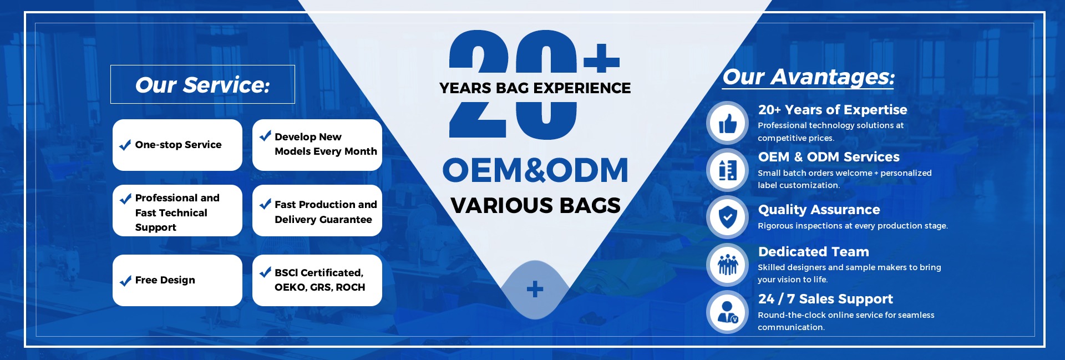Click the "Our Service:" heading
point(202,85)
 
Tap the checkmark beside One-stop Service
point(125,145)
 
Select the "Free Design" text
point(165,280)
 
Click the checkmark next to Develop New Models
point(265,136)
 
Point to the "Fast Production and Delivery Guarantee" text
point(326,212)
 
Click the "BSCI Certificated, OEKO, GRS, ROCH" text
point(319,280)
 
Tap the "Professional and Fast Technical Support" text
point(177,212)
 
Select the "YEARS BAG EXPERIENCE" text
point(535,88)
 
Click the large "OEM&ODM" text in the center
point(535,170)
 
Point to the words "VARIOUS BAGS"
point(535,205)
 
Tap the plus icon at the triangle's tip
point(535,289)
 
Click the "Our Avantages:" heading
point(809,77)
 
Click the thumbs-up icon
point(728,123)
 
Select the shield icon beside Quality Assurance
point(728,217)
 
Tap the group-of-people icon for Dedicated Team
point(728,265)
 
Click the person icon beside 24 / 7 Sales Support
point(728,312)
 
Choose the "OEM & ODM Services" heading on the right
point(829,157)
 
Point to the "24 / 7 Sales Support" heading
point(825,299)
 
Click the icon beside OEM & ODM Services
point(728,170)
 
